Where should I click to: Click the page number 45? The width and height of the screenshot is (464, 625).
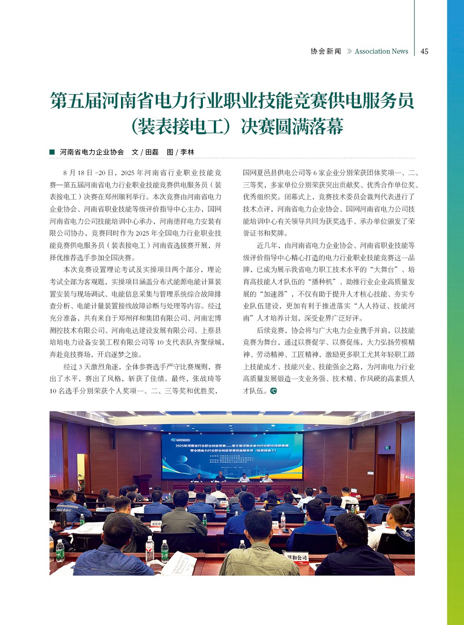pyautogui.click(x=424, y=51)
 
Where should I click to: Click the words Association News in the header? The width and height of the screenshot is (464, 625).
pyautogui.click(x=381, y=51)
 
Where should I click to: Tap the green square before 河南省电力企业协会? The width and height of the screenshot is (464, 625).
pyautogui.click(x=52, y=152)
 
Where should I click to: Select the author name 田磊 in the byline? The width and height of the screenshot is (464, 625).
pyautogui.click(x=152, y=152)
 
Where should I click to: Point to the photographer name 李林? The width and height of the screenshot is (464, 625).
pyautogui.click(x=187, y=152)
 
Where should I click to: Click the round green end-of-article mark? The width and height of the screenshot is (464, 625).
pyautogui.click(x=273, y=391)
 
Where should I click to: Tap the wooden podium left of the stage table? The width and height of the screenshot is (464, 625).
pyautogui.click(x=143, y=485)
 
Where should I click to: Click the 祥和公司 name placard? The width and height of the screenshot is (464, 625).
pyautogui.click(x=297, y=557)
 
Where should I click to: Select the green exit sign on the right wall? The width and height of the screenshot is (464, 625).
pyautogui.click(x=387, y=448)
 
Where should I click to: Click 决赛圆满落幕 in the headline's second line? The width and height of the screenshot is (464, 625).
pyautogui.click(x=292, y=127)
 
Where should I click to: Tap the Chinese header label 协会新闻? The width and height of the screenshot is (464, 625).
pyautogui.click(x=326, y=51)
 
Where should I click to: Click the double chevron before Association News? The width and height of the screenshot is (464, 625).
pyautogui.click(x=349, y=51)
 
